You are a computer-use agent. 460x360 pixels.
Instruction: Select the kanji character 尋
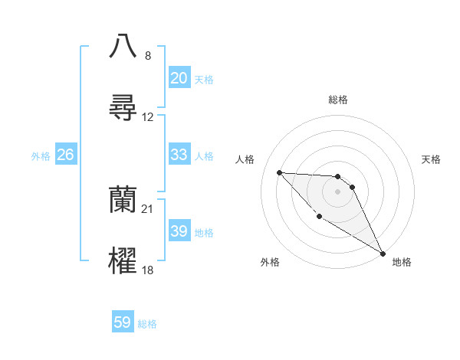tap(123, 107)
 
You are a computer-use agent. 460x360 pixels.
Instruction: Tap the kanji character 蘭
tap(123, 200)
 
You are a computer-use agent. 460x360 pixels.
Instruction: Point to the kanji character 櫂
tap(123, 261)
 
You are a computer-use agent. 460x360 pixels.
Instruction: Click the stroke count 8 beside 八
tap(148, 56)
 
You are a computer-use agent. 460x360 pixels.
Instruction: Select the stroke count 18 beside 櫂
tap(148, 270)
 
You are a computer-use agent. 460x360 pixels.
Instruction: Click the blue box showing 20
tap(179, 78)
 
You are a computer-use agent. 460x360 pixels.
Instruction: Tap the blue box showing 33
tap(179, 155)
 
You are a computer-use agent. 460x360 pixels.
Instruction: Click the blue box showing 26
tap(65, 155)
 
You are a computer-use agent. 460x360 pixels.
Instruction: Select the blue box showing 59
tap(123, 323)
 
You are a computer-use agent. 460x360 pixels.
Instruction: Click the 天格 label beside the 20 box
tap(204, 79)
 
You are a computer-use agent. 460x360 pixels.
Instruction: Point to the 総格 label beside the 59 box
tap(147, 324)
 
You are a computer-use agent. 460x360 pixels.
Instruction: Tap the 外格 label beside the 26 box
tap(41, 155)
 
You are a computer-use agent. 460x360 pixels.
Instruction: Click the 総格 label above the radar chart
tap(338, 100)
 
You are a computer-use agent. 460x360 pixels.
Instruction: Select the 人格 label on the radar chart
tap(245, 159)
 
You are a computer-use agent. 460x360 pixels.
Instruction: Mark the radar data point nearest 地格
tap(383, 253)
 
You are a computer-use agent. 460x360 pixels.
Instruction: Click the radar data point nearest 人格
tap(279, 172)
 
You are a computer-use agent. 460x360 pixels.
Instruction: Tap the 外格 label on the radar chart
tap(270, 262)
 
